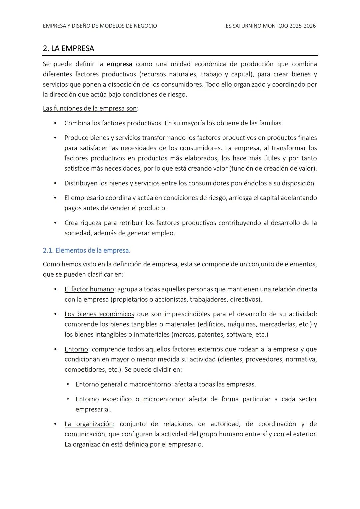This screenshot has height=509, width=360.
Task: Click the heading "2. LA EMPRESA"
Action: point(68,49)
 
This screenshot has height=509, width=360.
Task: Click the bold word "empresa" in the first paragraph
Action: point(119,64)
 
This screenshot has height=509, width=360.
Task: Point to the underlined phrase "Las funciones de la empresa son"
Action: point(90,109)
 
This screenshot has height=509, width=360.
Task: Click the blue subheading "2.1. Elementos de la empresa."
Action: point(87,250)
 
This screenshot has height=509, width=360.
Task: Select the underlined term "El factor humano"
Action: point(89,289)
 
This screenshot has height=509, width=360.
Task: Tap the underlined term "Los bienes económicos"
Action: point(99,314)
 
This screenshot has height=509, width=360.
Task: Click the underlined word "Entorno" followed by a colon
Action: point(76,349)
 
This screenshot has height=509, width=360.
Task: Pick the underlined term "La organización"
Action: point(89,424)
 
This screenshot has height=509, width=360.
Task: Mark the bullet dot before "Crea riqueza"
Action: point(55,223)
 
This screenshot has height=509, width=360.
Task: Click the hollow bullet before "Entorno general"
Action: point(68,384)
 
